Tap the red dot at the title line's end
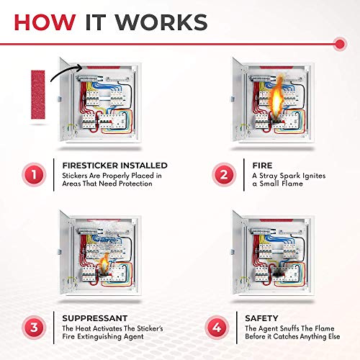339,45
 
